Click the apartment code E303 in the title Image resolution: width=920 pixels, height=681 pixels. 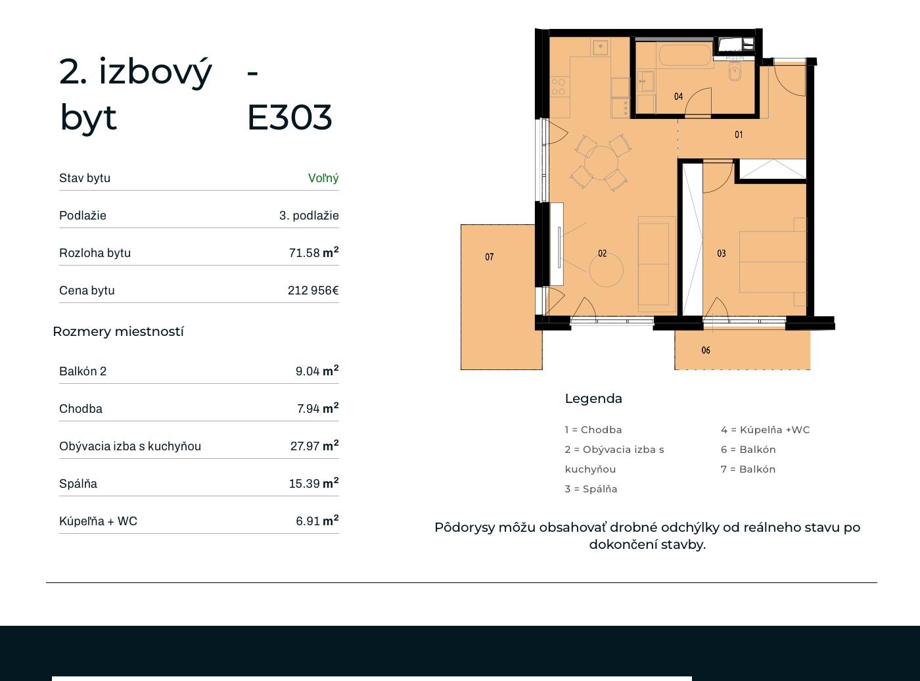(290, 118)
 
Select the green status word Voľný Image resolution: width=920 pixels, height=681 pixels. (323, 178)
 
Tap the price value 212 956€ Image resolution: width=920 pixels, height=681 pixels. (313, 290)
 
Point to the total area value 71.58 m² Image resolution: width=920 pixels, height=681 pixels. (313, 252)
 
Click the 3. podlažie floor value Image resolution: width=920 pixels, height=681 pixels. (309, 216)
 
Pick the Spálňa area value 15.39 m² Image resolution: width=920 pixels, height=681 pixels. (313, 483)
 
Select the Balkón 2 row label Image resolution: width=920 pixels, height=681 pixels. (83, 371)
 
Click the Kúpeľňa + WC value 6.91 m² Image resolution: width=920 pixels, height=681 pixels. (317, 521)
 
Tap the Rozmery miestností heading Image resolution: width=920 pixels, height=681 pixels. (118, 331)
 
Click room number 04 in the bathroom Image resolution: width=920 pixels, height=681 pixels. (678, 97)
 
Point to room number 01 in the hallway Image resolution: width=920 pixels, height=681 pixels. (739, 135)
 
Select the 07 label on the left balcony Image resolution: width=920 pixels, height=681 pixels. (490, 257)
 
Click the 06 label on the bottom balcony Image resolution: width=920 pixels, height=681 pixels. (706, 350)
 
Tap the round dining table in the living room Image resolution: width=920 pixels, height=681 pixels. (601, 162)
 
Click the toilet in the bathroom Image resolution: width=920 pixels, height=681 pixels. (735, 72)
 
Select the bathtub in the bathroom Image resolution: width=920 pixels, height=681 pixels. (684, 55)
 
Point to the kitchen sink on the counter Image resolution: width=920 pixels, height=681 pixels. (600, 47)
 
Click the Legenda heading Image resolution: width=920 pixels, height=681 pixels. (593, 398)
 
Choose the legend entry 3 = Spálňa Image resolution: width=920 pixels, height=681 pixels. (591, 489)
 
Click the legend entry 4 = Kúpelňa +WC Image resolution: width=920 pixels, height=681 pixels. (766, 429)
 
